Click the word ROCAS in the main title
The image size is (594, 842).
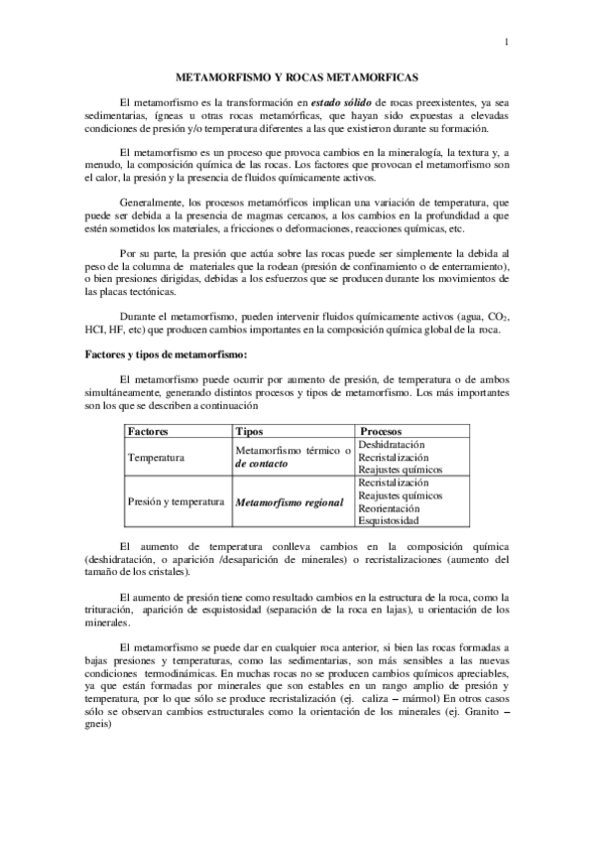(320, 76)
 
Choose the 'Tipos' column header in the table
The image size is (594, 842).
(248, 433)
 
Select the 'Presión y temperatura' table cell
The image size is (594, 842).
(176, 502)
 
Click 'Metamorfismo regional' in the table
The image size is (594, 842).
(289, 502)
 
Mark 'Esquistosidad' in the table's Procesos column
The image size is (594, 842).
(389, 520)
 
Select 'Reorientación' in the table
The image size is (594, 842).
(390, 507)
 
